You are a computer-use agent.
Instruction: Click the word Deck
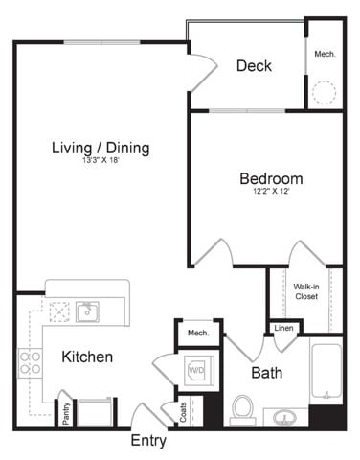tap(254, 66)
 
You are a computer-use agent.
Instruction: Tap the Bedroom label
tap(271, 178)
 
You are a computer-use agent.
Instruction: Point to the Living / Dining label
tap(101, 149)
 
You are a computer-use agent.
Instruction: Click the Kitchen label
tap(87, 356)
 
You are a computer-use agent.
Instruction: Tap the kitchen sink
tap(88, 310)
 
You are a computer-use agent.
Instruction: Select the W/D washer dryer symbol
tap(195, 369)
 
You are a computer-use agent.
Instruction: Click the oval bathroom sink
tap(284, 418)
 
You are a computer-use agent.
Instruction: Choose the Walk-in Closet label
tap(305, 291)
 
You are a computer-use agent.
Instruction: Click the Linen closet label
tap(284, 329)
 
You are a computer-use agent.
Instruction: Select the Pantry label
tap(66, 413)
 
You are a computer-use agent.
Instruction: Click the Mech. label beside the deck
tap(326, 55)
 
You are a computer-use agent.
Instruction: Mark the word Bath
tap(266, 372)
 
